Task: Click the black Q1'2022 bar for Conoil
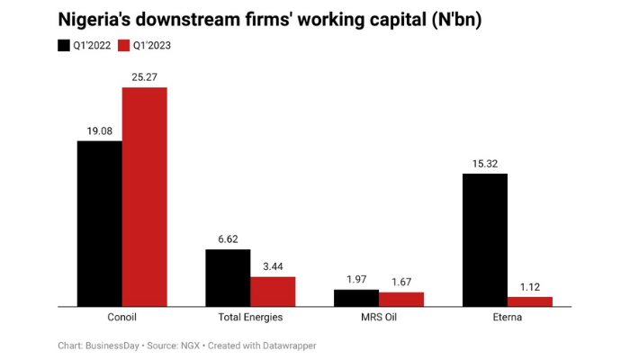click(99, 223)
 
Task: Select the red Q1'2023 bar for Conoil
click(144, 196)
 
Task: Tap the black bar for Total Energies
click(228, 277)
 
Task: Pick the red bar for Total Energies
click(273, 291)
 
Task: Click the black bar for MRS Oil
click(356, 298)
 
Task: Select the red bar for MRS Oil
click(401, 299)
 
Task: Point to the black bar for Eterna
click(485, 239)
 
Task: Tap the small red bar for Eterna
click(530, 301)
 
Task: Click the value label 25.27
click(144, 76)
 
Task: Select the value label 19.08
click(99, 130)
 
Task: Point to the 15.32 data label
click(485, 163)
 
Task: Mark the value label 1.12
click(530, 287)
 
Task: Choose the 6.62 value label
click(228, 239)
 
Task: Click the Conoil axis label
click(121, 318)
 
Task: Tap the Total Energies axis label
click(250, 318)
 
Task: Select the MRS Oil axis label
click(379, 318)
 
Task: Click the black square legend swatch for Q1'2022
click(64, 45)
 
